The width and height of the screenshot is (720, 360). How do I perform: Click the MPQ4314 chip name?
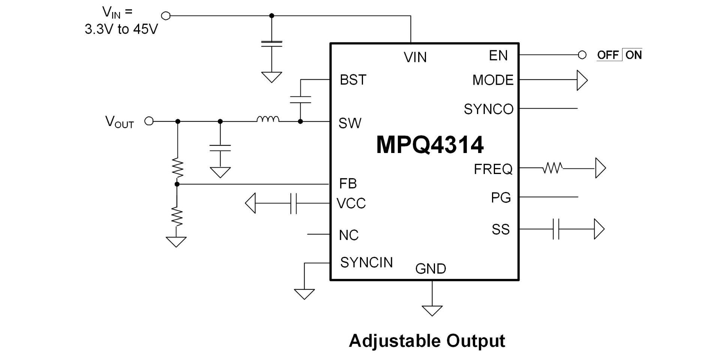pos(430,145)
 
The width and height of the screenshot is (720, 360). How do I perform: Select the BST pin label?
pos(352,80)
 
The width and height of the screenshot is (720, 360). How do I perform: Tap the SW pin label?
pos(349,123)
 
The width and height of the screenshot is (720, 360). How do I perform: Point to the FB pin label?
pos(348,183)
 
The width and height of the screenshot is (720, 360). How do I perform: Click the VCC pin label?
pos(351,203)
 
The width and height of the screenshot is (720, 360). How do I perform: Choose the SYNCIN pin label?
pos(366,262)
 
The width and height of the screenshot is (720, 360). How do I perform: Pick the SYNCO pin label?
pos(488,109)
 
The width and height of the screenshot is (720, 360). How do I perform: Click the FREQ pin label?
pos(493,169)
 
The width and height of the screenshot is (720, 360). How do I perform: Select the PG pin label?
pos(501,198)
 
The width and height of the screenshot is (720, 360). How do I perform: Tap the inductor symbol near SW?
pos(268,119)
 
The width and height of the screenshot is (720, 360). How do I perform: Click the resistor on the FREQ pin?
pos(553,168)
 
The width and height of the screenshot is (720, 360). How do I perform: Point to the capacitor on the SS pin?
pos(556,229)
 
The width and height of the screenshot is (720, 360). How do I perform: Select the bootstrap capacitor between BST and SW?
pos(300,100)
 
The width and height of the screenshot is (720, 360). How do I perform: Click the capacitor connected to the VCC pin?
pos(294,203)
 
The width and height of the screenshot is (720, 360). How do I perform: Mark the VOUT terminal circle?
pos(149,121)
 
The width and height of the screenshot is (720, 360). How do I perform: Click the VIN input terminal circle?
pos(165,16)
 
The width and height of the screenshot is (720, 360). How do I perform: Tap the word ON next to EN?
pos(633,55)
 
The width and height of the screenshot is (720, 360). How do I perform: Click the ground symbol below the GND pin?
pos(432,310)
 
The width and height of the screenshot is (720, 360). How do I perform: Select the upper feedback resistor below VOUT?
pos(177,168)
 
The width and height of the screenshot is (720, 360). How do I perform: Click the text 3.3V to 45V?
pos(121,29)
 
